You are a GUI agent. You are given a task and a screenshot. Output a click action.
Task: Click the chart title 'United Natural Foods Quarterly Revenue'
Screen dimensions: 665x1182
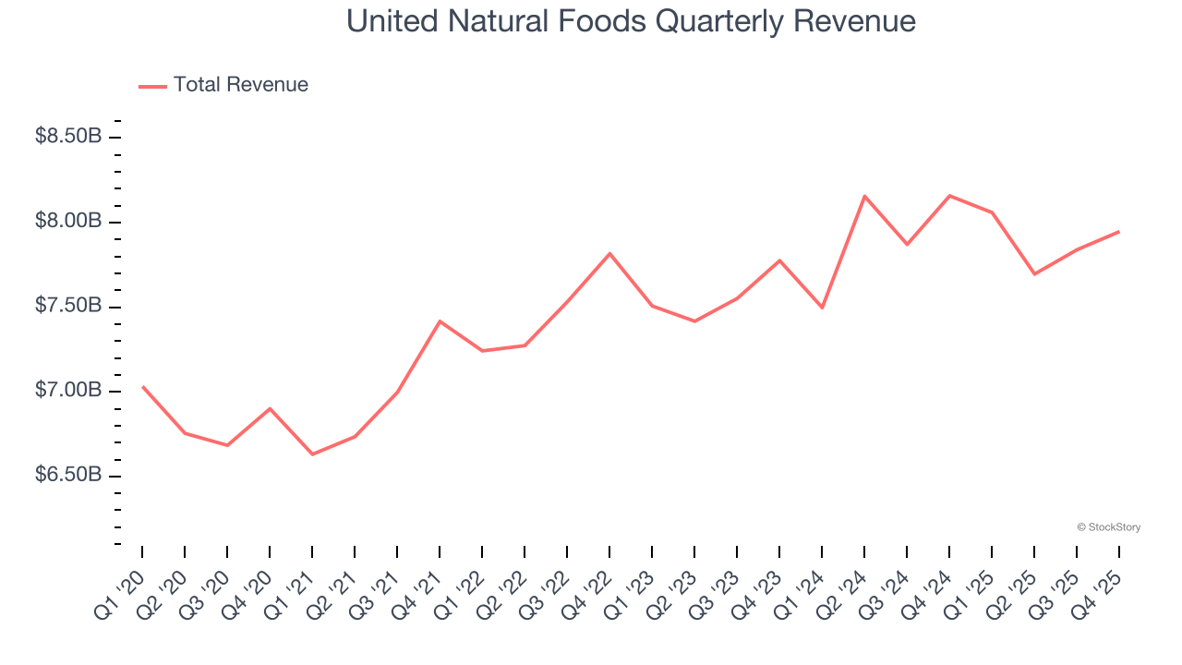coord(631,21)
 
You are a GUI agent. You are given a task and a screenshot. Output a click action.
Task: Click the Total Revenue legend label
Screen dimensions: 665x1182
coord(240,85)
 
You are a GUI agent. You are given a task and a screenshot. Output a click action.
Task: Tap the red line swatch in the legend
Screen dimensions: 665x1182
coord(152,86)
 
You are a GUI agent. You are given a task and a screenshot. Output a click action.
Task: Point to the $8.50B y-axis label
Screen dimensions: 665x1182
coord(68,137)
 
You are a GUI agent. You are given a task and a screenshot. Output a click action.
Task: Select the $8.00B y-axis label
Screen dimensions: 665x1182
coord(68,222)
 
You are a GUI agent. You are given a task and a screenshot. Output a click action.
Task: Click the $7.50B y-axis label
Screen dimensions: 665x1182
coord(68,307)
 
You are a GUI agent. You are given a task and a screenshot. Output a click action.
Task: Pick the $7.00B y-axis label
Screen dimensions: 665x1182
coord(68,391)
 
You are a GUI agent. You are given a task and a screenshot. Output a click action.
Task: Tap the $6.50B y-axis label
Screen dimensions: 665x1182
coord(68,476)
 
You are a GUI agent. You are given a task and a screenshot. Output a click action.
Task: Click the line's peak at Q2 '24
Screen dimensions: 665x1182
coord(864,196)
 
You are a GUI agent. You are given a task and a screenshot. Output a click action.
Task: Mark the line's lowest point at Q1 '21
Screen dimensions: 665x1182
coord(312,454)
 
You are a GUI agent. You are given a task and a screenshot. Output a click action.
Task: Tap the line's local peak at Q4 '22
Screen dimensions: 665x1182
coord(609,253)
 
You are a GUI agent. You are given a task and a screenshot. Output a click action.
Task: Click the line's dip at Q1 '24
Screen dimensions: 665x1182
coord(822,308)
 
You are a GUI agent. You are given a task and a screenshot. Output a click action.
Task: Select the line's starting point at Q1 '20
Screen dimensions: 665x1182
coord(142,386)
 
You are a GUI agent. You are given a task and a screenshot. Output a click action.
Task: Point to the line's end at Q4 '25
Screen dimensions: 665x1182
coord(1119,232)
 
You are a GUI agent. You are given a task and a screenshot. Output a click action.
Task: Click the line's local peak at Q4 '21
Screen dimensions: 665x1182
coord(440,320)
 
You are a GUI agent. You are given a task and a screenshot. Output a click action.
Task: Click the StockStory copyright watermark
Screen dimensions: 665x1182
coord(1108,527)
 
